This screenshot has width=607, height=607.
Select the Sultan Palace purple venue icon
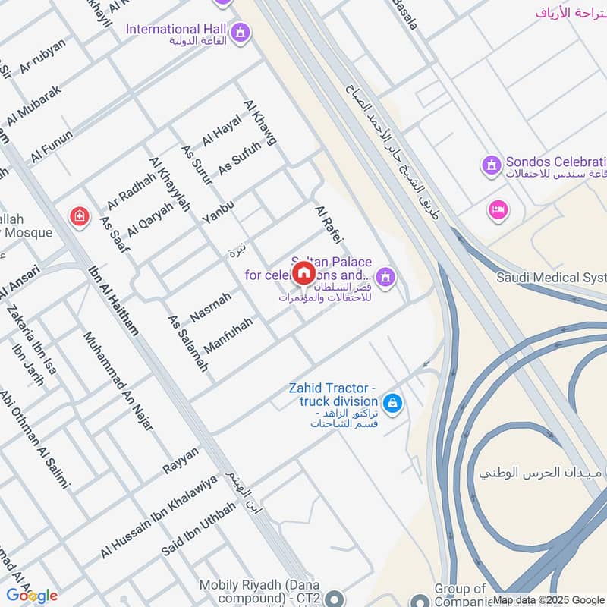tap(385, 278)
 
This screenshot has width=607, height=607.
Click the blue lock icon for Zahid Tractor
tap(392, 403)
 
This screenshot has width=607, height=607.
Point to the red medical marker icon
tap(79, 219)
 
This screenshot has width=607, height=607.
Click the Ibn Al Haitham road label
tap(114, 300)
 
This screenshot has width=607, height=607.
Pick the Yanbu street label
tap(219, 212)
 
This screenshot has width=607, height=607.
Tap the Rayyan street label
tap(181, 461)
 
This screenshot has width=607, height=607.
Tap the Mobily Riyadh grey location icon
tap(333, 599)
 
